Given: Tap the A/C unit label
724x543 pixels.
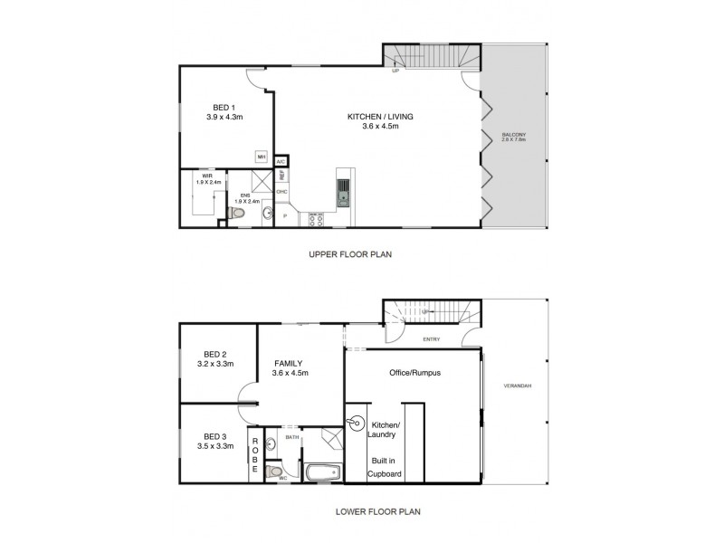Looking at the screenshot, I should (x=281, y=161).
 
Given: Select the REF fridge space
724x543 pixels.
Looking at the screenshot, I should (x=281, y=176).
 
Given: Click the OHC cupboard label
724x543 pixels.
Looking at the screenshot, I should (x=281, y=192).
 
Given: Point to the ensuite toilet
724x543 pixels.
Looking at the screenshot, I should (x=236, y=213).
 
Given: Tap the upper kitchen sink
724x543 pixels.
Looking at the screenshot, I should (x=344, y=189).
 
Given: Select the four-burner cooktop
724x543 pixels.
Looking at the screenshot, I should (x=317, y=218).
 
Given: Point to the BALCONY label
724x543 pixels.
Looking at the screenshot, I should (x=513, y=138).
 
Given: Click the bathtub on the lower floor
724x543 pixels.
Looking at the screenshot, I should (x=322, y=472).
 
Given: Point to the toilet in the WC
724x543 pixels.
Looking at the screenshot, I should (x=281, y=472).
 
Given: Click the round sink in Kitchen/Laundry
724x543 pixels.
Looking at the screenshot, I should (x=355, y=424).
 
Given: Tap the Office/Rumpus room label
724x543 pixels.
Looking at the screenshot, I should (x=414, y=373).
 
